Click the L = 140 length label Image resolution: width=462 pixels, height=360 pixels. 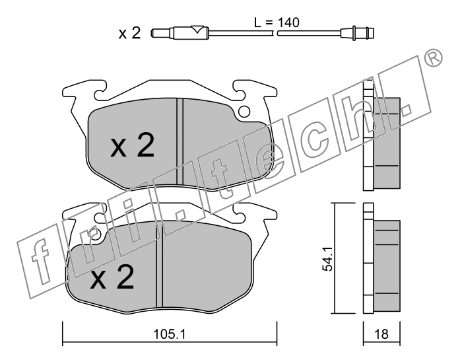click(x=277, y=22)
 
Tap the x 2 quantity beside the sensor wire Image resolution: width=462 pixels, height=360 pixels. click(x=129, y=33)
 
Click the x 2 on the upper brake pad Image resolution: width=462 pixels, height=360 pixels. click(x=132, y=145)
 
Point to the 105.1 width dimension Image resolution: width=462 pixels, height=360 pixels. click(x=170, y=334)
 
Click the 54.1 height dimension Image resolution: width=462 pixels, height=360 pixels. click(x=327, y=259)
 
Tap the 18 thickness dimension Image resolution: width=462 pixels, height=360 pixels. click(x=381, y=334)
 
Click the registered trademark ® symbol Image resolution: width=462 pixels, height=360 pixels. click(x=434, y=57)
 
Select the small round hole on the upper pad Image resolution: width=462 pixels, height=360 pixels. click(x=244, y=112)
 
